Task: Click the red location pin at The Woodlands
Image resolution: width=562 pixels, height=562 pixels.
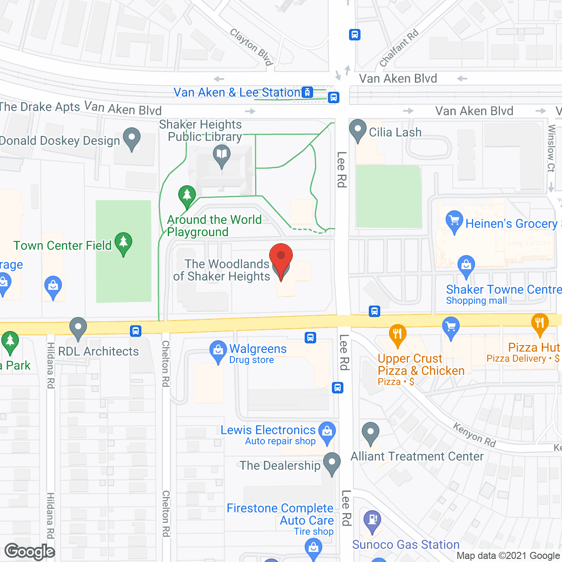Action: point(281,257)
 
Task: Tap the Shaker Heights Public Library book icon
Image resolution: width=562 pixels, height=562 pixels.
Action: point(222,155)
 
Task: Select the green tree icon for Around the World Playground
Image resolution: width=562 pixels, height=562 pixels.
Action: point(187,195)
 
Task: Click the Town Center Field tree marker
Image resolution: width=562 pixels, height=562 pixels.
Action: point(123,242)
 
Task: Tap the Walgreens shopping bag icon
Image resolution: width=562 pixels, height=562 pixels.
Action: point(218,351)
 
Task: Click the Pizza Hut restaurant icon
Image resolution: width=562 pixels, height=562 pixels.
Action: point(540,324)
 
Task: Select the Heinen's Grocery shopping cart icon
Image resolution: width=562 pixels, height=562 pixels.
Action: point(454,220)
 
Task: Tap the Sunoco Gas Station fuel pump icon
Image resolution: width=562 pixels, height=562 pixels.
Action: point(372,520)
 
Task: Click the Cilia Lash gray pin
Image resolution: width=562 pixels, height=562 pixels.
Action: point(358,130)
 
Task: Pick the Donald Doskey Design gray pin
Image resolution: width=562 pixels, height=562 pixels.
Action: point(132,138)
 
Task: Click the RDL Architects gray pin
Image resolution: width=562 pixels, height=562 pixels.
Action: point(78,328)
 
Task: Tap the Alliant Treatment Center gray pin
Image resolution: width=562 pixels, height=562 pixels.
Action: point(371,432)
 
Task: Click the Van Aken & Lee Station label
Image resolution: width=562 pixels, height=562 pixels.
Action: point(237,93)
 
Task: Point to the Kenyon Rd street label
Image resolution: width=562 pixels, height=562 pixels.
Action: point(474,435)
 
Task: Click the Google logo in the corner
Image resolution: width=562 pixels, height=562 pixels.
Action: point(30,551)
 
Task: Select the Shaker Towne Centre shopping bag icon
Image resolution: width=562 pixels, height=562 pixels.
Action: point(466,265)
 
